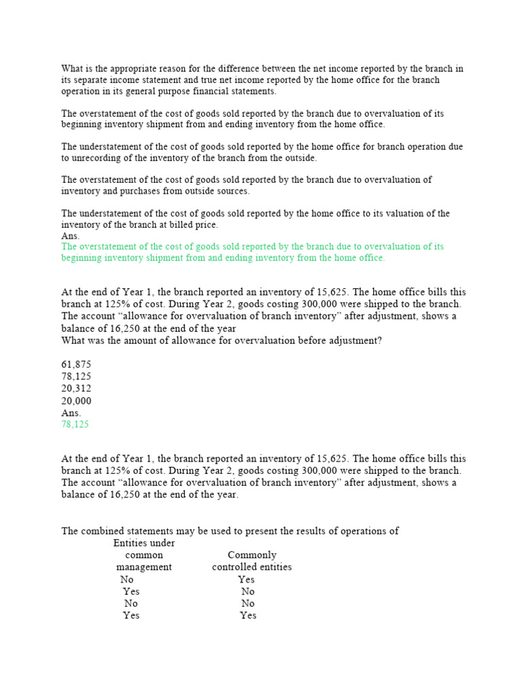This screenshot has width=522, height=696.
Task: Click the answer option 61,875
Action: tap(76, 364)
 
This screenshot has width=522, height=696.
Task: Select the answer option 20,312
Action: tap(76, 389)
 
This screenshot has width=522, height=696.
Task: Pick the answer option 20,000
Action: tap(76, 401)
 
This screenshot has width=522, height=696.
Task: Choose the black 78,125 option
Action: tap(76, 377)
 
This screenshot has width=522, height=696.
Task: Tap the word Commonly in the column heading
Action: tap(251, 555)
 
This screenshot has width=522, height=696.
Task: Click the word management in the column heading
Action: tap(143, 567)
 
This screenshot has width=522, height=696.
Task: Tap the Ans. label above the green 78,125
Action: tap(71, 413)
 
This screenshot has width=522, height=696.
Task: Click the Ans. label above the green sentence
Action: tap(71, 236)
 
